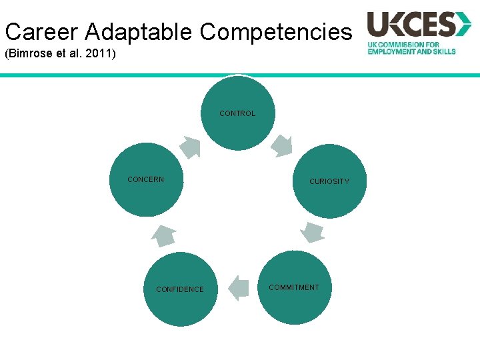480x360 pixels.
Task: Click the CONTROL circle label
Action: pos(237,113)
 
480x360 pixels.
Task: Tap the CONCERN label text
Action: pos(145,179)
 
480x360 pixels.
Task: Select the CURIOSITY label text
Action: pos(329,181)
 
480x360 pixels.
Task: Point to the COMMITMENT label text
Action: pos(293,287)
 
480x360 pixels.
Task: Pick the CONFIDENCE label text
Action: pos(180,289)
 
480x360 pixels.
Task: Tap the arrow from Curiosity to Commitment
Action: pos(312,232)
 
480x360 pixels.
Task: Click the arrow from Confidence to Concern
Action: pos(164,235)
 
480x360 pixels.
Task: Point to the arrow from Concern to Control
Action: pos(190,147)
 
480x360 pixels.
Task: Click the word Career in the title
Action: pos(42,31)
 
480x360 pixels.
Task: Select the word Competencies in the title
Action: pos(275,31)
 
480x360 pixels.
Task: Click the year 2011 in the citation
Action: pos(99,53)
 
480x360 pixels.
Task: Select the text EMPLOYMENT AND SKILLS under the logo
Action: pos(411,51)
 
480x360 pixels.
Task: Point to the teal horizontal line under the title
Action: pos(240,75)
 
